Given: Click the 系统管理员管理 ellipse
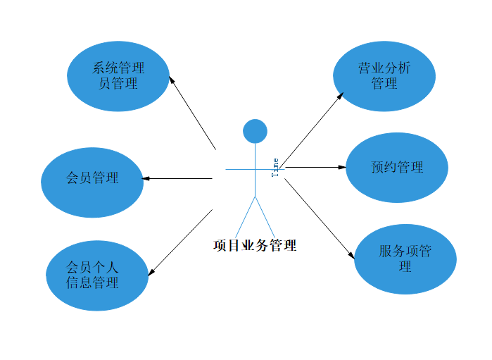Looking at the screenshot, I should tap(118, 76).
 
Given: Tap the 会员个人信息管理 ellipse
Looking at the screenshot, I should tap(97, 275).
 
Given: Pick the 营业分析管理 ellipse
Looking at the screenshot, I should tap(384, 76).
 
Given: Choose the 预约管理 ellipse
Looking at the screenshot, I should tap(397, 168).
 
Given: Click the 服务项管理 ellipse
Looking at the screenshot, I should tap(405, 259).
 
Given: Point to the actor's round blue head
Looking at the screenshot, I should tap(255, 131).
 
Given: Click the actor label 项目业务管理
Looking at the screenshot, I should tap(255, 246).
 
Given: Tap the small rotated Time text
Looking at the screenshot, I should tap(275, 168).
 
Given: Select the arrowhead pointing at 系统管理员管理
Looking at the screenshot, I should tap(172, 80).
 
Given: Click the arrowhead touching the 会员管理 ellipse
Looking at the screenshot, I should tap(147, 178).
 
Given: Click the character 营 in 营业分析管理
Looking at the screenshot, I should tap(365, 69).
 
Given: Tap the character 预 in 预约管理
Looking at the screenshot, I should tap(377, 168).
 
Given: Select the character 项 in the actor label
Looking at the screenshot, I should tap(220, 246).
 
